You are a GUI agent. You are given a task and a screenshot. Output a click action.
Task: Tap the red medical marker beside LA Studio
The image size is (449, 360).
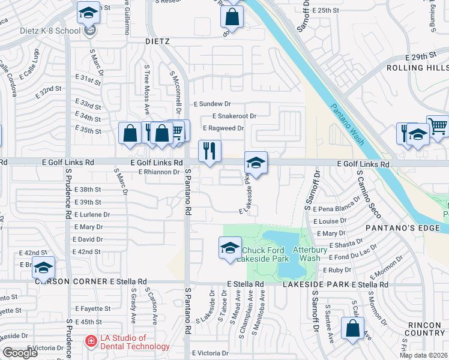[91, 341]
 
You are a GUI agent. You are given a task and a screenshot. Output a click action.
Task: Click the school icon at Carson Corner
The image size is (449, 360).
[43, 267]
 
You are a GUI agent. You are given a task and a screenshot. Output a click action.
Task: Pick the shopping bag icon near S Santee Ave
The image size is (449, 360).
[352, 328]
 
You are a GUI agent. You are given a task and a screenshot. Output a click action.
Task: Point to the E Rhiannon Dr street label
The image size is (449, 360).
[159, 172]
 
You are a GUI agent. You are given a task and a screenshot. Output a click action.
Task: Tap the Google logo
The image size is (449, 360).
[20, 353]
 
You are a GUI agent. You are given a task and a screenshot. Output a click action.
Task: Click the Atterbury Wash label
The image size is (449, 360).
[307, 254]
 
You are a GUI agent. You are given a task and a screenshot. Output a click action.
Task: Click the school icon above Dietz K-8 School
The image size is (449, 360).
[89, 12]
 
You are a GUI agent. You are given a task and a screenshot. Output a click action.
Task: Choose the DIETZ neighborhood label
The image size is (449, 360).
[158, 41]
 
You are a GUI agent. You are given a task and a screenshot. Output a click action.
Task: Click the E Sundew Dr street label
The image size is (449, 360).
[212, 104]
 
